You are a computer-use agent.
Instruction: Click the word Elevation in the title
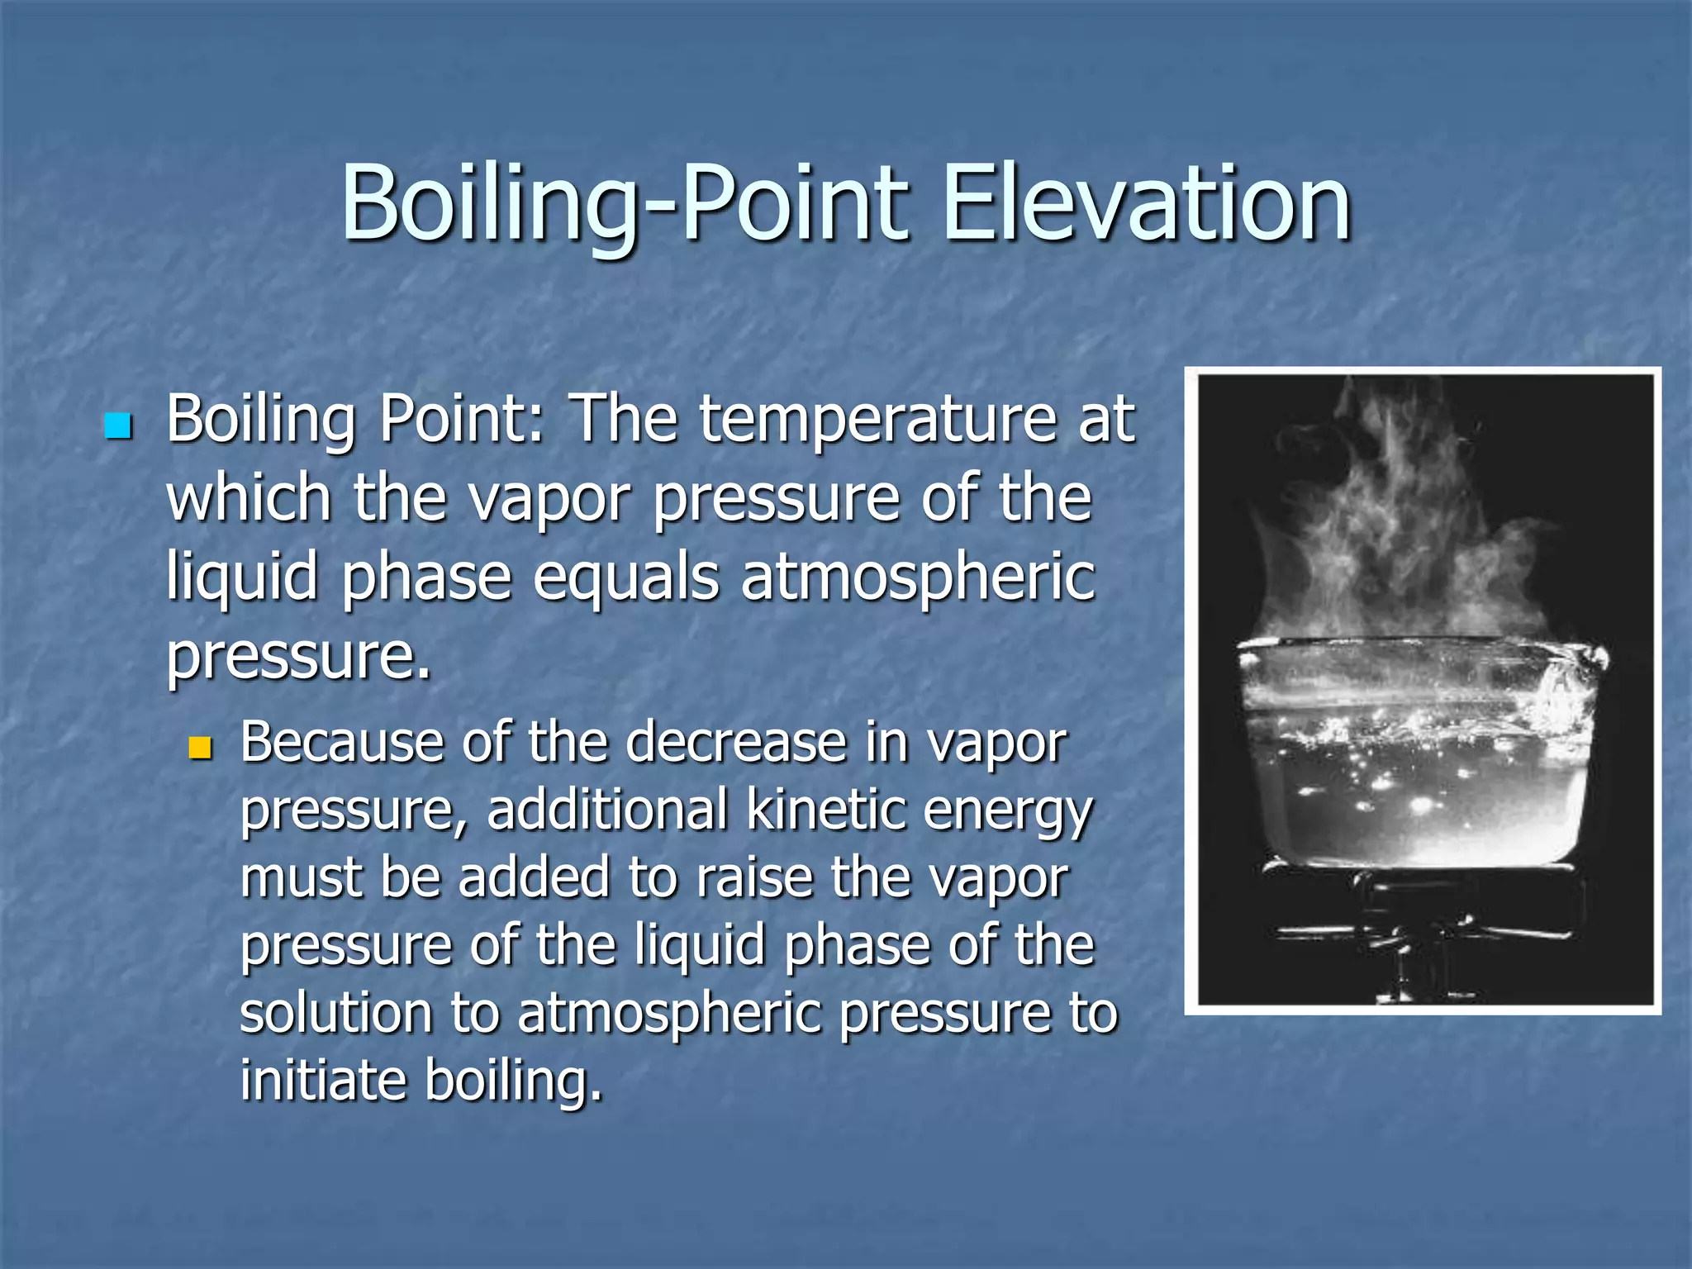[x=1145, y=205]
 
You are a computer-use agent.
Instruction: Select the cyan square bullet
[x=119, y=426]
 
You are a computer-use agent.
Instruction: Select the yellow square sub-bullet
[x=201, y=749]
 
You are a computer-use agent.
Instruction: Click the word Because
[x=342, y=742]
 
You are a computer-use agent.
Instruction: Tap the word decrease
[x=735, y=742]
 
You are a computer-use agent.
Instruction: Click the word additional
[x=607, y=810]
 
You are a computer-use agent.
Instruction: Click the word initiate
[x=322, y=1081]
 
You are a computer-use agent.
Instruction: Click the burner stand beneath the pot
[x=1421, y=934]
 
